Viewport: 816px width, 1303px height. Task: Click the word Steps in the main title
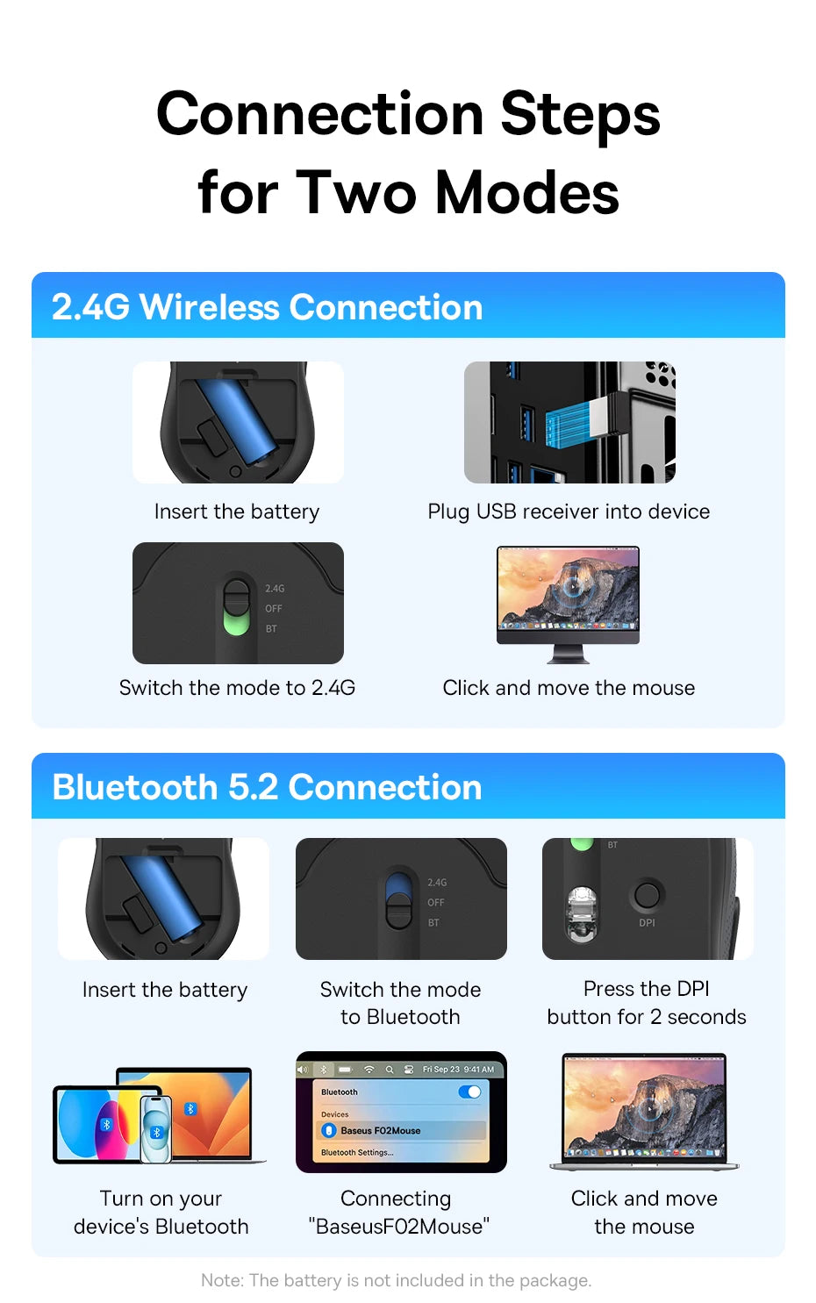click(580, 116)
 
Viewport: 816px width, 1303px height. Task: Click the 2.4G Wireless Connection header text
click(267, 307)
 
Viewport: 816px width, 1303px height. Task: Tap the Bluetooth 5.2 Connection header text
click(267, 787)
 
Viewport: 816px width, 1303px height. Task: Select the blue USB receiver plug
click(575, 422)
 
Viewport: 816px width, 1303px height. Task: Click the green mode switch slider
click(236, 622)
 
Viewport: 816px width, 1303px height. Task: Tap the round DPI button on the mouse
click(647, 895)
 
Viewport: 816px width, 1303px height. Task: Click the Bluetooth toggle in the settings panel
click(469, 1092)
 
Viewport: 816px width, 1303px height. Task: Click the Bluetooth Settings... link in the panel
click(357, 1153)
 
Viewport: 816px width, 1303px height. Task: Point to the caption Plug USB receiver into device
click(569, 512)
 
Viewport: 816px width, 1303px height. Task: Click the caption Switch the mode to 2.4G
click(237, 688)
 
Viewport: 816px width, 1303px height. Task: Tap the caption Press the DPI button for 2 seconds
click(647, 1003)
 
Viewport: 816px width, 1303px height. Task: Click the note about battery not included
click(396, 1280)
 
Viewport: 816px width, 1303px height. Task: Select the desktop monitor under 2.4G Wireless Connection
click(568, 597)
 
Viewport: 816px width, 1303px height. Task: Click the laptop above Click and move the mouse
click(644, 1110)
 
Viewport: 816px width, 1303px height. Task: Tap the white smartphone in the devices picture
click(155, 1128)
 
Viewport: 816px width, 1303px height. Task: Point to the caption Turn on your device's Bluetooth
click(161, 1212)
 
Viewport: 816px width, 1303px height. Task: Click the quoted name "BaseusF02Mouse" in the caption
click(399, 1226)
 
